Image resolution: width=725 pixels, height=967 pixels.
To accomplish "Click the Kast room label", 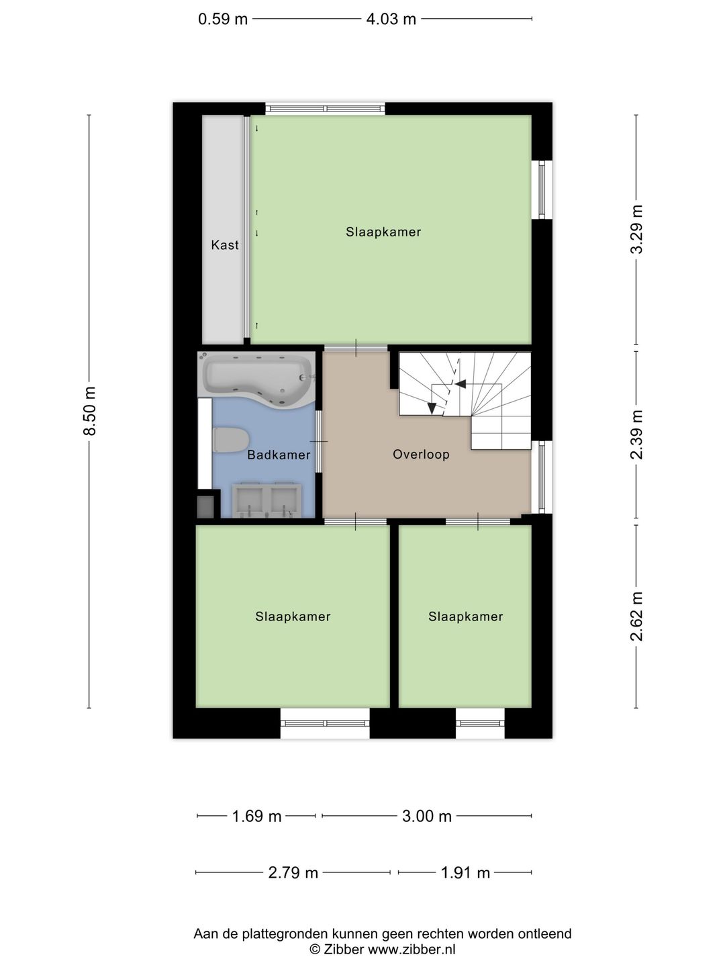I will [224, 245].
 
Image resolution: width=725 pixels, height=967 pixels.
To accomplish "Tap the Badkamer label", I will [279, 455].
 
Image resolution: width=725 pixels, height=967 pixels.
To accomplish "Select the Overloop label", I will [421, 455].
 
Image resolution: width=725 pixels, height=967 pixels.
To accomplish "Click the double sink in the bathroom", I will [267, 500].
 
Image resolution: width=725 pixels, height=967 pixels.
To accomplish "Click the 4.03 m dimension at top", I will [391, 19].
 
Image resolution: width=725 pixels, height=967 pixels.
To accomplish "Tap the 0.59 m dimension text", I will [222, 19].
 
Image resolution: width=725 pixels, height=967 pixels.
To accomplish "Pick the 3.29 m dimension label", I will [636, 229].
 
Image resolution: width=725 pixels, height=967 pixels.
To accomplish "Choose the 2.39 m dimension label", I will [636, 434].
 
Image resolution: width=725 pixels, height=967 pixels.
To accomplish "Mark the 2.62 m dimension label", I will [636, 616].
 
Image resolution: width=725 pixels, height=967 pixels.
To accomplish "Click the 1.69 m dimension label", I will [256, 817].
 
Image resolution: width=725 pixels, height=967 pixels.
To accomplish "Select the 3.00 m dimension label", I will [426, 817].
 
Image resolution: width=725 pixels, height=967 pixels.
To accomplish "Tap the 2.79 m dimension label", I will [293, 873].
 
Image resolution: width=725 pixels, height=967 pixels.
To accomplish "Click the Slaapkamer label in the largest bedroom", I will [383, 232].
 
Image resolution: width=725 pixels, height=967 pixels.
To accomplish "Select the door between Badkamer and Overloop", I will [320, 441].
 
